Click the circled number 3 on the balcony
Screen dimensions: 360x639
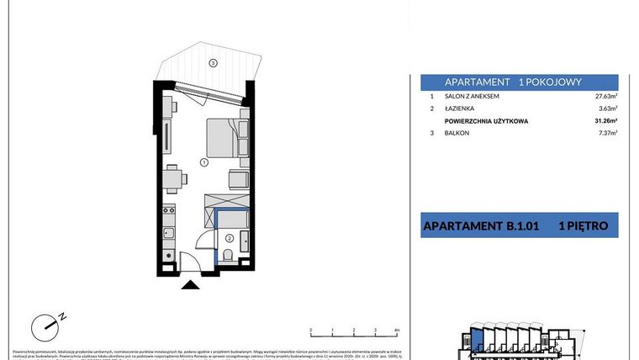point(214,63)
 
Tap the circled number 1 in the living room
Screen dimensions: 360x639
point(203,161)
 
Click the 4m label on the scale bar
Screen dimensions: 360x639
point(395,331)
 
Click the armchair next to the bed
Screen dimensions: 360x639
point(238,178)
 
